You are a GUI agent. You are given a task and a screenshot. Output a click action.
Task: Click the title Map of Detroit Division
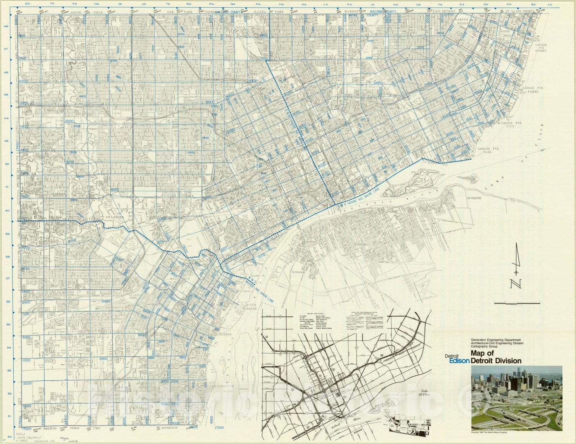click(496, 357)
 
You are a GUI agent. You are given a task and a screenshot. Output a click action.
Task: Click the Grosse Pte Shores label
click(541, 48)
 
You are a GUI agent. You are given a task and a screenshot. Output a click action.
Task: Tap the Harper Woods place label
click(462, 21)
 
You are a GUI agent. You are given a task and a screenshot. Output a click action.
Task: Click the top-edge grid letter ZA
click(26, 4)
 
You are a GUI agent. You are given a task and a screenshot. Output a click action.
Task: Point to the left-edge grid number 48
click(6, 26)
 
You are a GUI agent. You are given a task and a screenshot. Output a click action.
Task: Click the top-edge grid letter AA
click(550, 5)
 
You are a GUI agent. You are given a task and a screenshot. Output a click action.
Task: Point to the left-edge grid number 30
click(6, 437)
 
